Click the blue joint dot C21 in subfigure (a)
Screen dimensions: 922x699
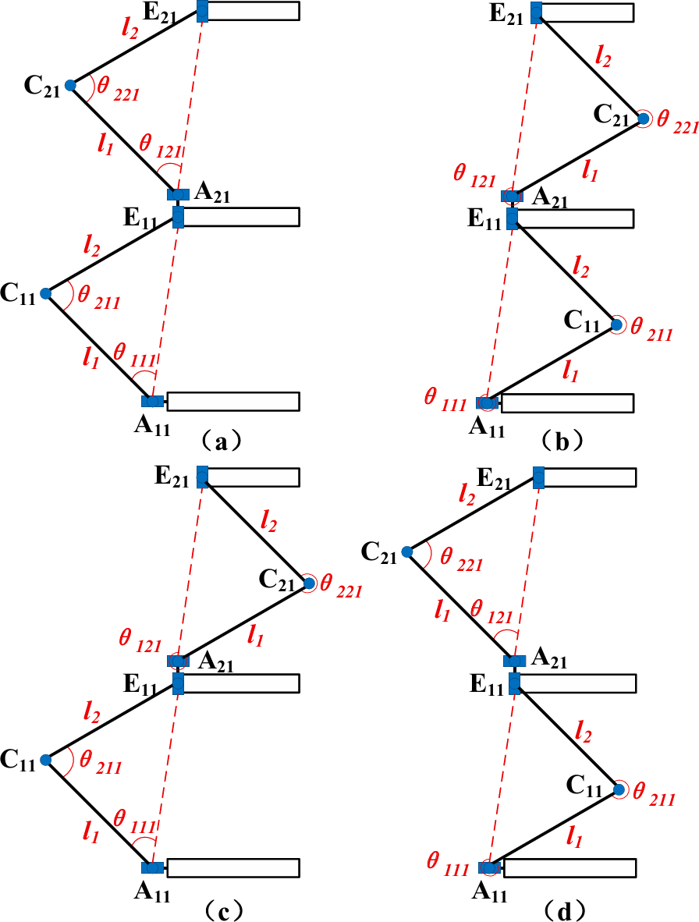pyautogui.click(x=69, y=85)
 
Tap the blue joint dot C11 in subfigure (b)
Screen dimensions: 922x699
pyautogui.click(x=616, y=324)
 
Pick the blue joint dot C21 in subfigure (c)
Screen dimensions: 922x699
pyautogui.click(x=308, y=583)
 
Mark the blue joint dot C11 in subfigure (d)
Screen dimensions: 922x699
pyautogui.click(x=618, y=790)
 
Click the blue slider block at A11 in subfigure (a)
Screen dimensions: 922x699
pyautogui.click(x=152, y=401)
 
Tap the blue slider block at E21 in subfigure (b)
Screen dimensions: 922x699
pyautogui.click(x=537, y=12)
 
